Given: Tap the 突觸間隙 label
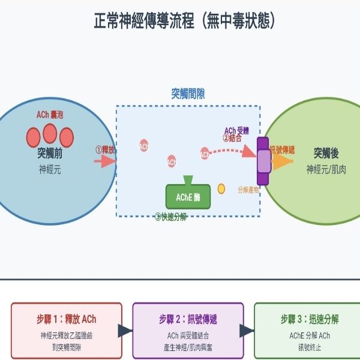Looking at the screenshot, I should (x=188, y=94).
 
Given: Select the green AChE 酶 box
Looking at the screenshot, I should (x=188, y=197).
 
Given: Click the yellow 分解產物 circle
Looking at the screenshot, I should (x=221, y=189).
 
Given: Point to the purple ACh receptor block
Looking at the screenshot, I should (x=263, y=161).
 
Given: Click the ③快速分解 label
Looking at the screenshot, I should (x=171, y=217).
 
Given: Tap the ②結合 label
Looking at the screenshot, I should (x=233, y=138).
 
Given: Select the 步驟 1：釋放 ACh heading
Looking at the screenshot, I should (x=66, y=318).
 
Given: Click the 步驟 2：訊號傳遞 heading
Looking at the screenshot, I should (x=187, y=318).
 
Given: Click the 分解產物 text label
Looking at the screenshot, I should (x=248, y=189).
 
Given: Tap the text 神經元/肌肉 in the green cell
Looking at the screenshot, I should (x=326, y=170).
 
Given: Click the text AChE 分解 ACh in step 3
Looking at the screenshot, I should (x=309, y=335).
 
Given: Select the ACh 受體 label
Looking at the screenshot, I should (x=236, y=130).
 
